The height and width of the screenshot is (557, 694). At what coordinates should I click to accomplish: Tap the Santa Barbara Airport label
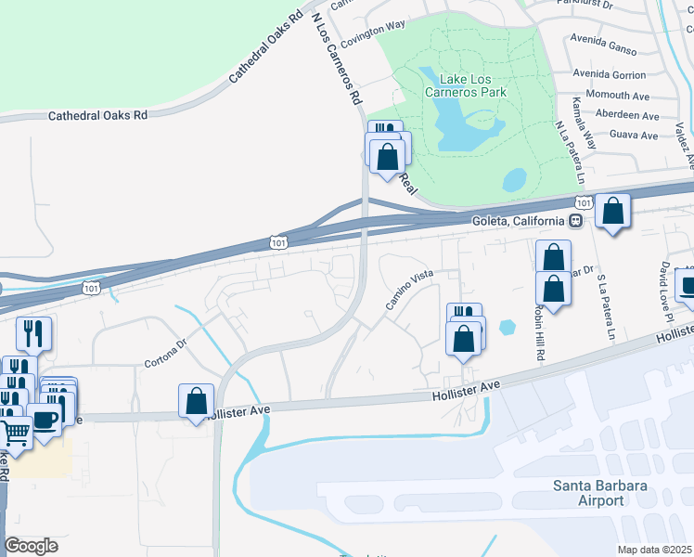click(x=588, y=493)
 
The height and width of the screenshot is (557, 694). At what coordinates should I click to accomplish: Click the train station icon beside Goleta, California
click(x=576, y=221)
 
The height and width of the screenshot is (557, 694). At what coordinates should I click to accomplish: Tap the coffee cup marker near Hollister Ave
click(x=45, y=420)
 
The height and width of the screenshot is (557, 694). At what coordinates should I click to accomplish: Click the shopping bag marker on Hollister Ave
click(x=197, y=402)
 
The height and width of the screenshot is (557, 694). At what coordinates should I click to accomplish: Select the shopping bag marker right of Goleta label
click(x=612, y=211)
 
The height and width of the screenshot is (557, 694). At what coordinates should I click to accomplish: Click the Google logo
click(x=31, y=546)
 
